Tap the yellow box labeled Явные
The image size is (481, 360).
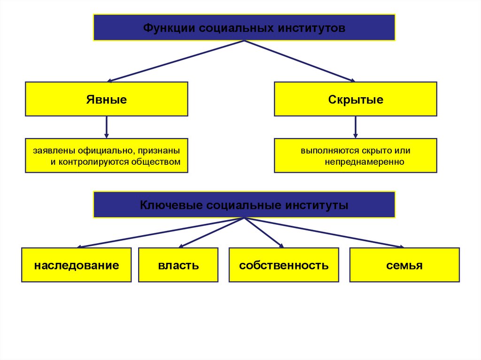[x=107, y=99]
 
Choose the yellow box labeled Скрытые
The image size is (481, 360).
[x=356, y=99]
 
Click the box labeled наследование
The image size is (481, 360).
[x=76, y=265]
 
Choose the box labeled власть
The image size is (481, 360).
[x=178, y=265]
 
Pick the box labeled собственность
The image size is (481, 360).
[x=284, y=265]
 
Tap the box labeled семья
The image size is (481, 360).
[x=404, y=265]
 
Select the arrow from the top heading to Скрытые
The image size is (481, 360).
[x=301, y=61]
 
